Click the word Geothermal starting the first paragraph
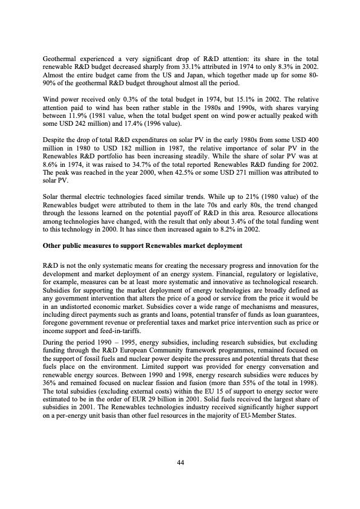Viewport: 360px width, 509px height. tap(59, 57)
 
